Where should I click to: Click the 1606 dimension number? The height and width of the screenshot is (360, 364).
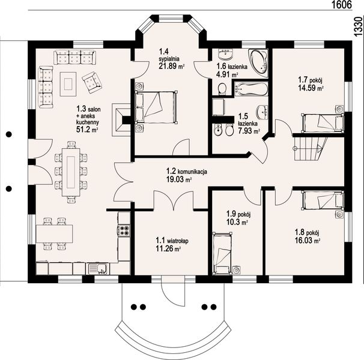pos(341,5)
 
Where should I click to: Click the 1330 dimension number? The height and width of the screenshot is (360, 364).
pos(359,26)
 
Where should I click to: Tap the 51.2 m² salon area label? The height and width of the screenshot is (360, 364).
pos(87,130)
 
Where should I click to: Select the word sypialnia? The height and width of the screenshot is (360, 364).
pos(169,59)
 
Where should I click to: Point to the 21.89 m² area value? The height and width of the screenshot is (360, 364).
pos(172,67)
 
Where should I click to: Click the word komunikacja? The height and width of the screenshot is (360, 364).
pos(192,172)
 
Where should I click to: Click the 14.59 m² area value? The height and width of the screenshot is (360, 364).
pos(311,88)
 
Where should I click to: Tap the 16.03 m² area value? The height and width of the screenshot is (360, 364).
pos(308,240)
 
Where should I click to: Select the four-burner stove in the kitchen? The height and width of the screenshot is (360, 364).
pos(124,230)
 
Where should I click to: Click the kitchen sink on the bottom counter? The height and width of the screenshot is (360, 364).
pos(98,269)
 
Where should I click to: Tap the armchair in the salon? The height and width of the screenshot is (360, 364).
pos(92,82)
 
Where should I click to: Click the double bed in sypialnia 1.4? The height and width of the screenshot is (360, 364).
pos(156,107)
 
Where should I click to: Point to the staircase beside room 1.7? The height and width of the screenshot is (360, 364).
pos(311,148)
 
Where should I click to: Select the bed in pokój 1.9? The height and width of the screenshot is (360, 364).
pos(222,253)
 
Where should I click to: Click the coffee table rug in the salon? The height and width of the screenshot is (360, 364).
pos(68,84)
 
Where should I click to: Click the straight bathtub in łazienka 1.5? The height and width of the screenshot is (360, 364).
pos(251,89)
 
